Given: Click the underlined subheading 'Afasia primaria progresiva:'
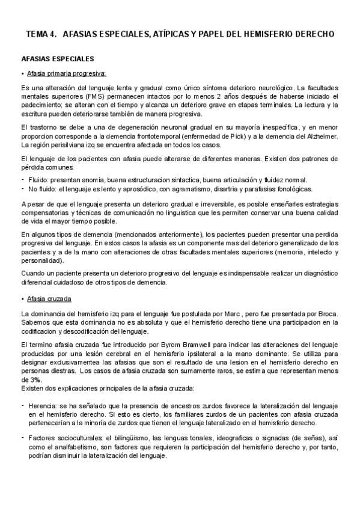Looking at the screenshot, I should click(67, 74).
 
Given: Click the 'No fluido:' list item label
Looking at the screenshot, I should click(43, 188).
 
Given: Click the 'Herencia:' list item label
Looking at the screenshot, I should click(43, 406).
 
